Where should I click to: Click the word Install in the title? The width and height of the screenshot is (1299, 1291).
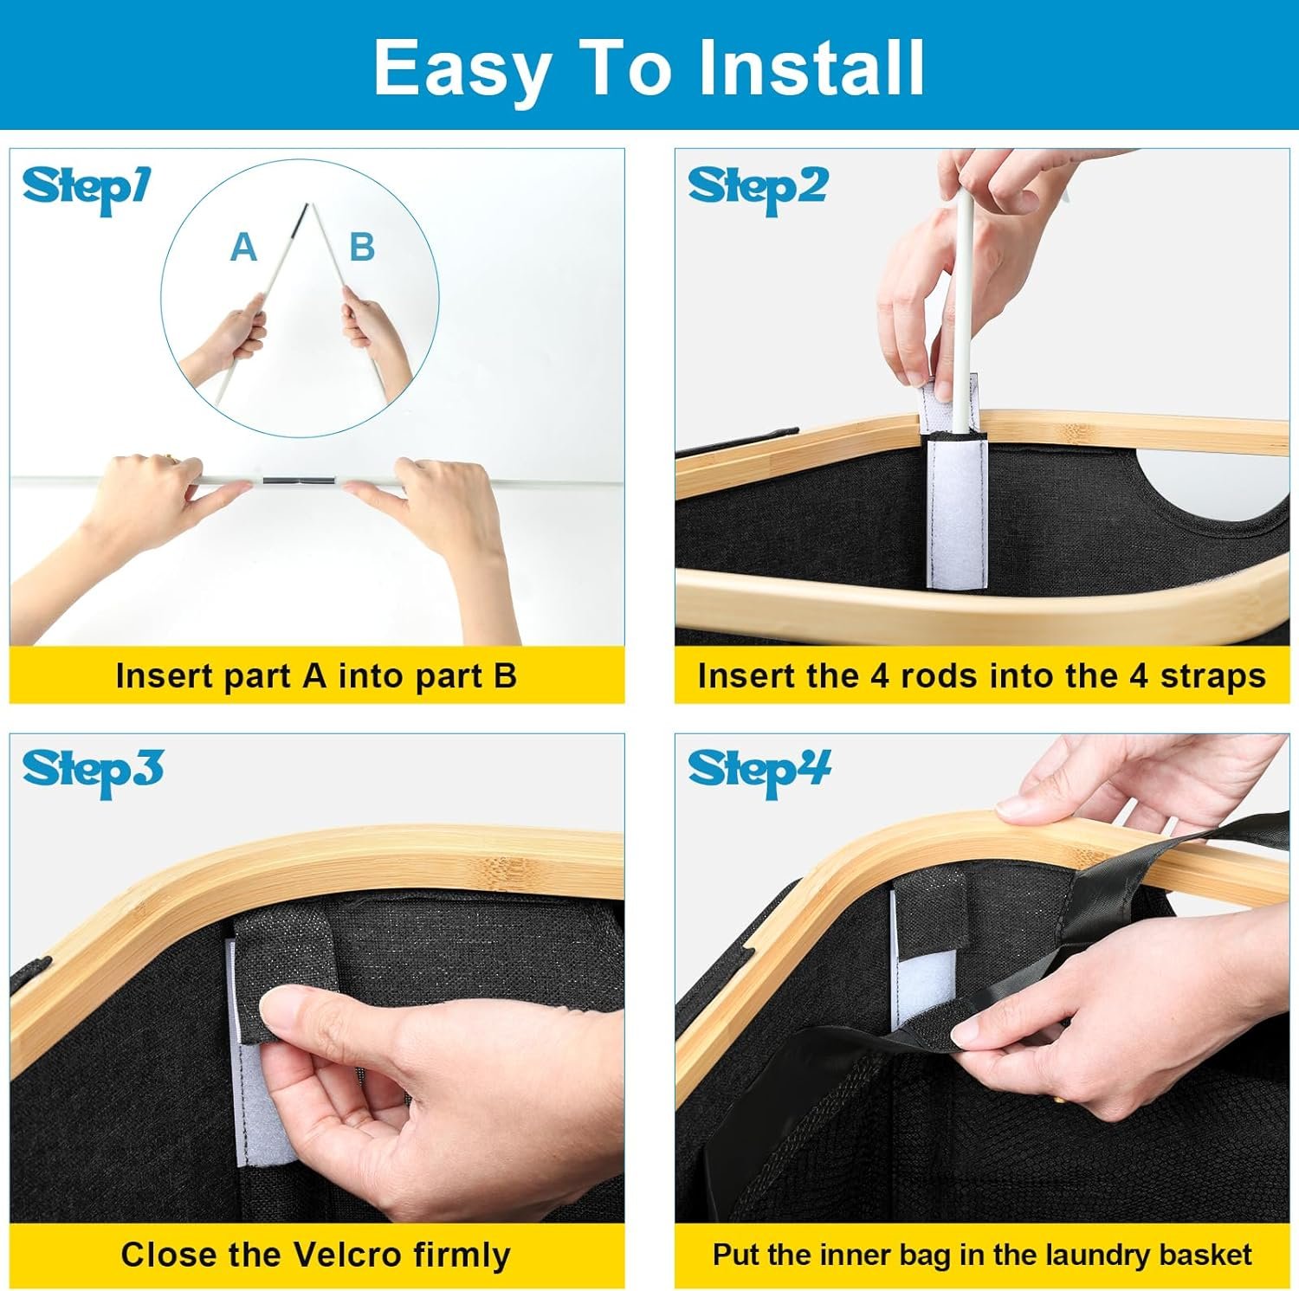pyautogui.click(x=811, y=68)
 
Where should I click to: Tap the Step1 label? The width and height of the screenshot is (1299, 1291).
pyautogui.click(x=86, y=189)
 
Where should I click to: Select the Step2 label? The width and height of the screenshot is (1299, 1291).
pyautogui.click(x=758, y=189)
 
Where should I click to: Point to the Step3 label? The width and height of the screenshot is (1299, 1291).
pyautogui.click(x=93, y=771)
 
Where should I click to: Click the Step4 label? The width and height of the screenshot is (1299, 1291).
pyautogui.click(x=759, y=771)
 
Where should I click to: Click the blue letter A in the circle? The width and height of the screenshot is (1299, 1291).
pyautogui.click(x=243, y=248)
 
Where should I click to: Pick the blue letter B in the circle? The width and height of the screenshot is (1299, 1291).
pyautogui.click(x=362, y=248)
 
